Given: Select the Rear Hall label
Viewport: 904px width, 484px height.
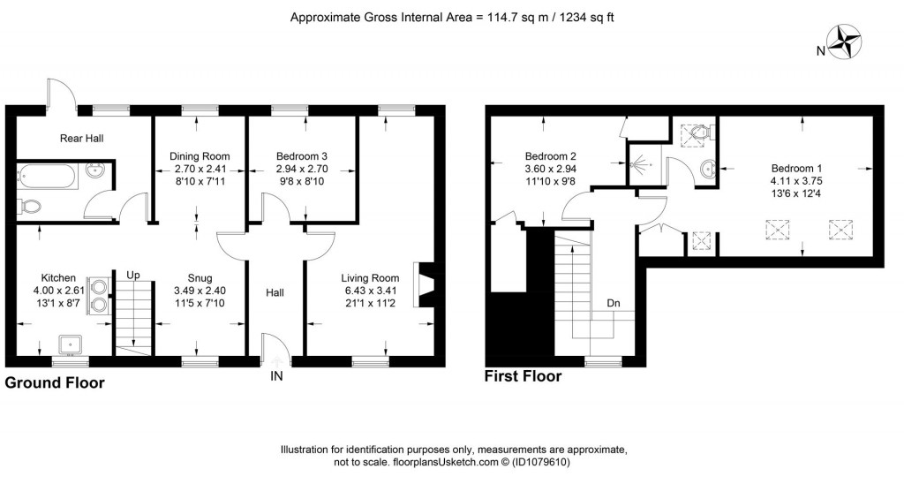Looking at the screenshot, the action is pyautogui.click(x=82, y=139).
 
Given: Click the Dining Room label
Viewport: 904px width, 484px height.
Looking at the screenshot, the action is pyautogui.click(x=200, y=156).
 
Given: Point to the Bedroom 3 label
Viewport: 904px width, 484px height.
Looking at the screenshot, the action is pyautogui.click(x=302, y=156).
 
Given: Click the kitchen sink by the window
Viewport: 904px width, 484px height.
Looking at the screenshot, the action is pyautogui.click(x=72, y=344).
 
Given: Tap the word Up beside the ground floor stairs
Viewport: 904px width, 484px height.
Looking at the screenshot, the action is pyautogui.click(x=133, y=276).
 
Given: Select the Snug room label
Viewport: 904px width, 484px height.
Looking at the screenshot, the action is pyautogui.click(x=200, y=278).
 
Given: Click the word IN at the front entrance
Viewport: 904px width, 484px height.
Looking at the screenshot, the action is pyautogui.click(x=276, y=376).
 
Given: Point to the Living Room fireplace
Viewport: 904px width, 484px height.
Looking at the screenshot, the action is pyautogui.click(x=427, y=285).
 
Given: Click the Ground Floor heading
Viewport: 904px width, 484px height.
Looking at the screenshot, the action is pyautogui.click(x=55, y=382).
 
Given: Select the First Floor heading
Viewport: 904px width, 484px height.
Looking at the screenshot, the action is pyautogui.click(x=523, y=376).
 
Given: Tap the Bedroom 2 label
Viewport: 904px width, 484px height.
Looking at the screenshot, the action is pyautogui.click(x=551, y=156).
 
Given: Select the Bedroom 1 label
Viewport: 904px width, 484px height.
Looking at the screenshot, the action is pyautogui.click(x=796, y=169).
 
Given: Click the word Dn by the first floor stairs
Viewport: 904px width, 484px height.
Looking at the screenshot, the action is pyautogui.click(x=613, y=304).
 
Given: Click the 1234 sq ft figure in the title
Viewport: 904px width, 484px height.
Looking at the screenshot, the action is pyautogui.click(x=584, y=18).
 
